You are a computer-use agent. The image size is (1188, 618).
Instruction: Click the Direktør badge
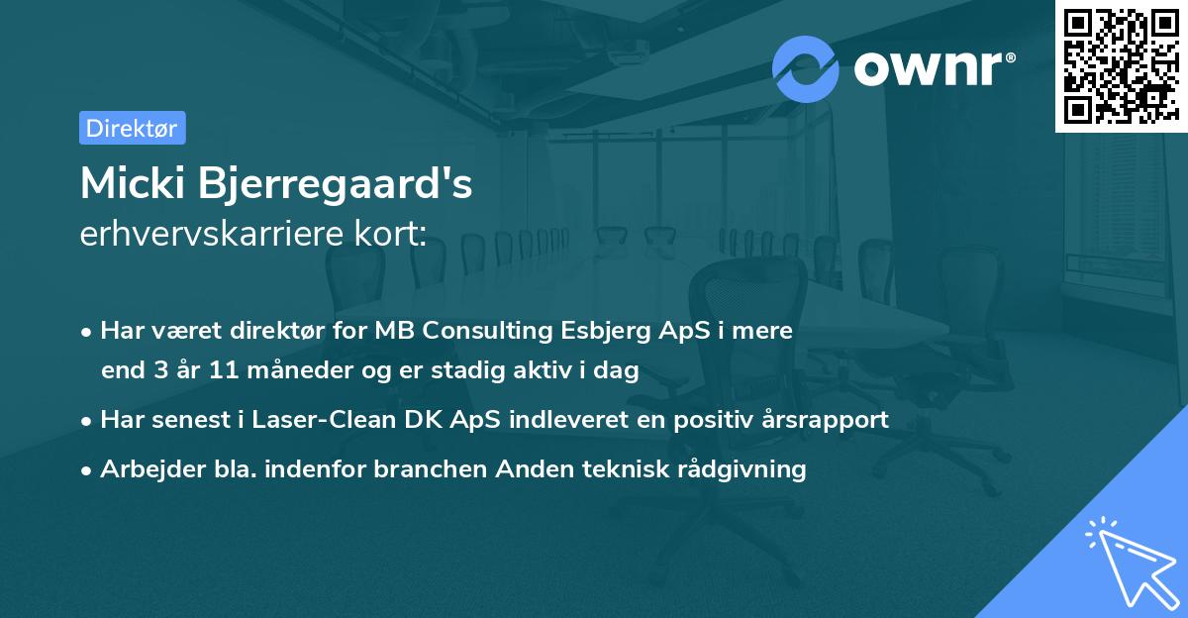[132, 128]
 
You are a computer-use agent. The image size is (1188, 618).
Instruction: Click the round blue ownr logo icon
[806, 68]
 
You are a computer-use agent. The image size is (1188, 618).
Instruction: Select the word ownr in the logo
[928, 69]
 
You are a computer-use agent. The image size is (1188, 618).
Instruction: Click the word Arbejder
[146, 469]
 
